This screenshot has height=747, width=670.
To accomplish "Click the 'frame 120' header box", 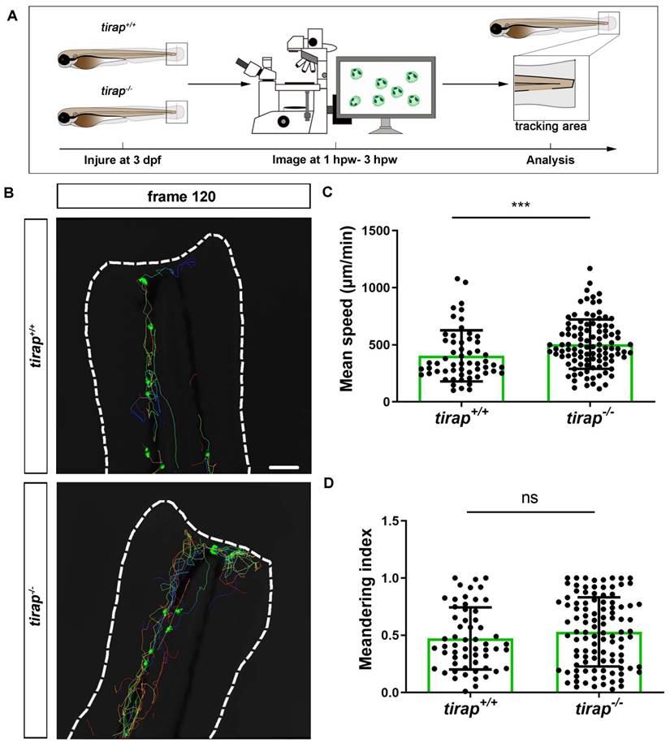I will click(x=184, y=196).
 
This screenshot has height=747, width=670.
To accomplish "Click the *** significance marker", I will click(x=521, y=206).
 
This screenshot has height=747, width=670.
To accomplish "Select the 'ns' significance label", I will click(x=531, y=496).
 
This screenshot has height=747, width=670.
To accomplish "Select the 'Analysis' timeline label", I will click(x=548, y=160).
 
